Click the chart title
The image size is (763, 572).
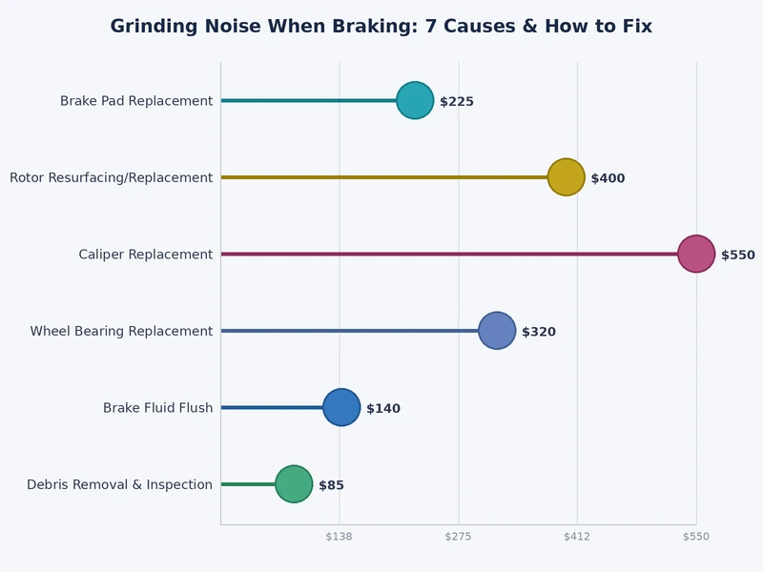tap(381, 27)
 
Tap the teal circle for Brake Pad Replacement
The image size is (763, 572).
tap(415, 100)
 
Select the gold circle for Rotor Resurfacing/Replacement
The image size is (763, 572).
tap(566, 177)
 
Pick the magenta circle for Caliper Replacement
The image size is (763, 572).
tap(696, 254)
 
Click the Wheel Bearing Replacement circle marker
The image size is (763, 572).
tap(497, 331)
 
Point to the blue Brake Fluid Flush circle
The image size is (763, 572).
tap(341, 407)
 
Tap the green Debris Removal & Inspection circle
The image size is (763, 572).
tap(294, 484)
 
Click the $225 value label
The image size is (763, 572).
tap(457, 102)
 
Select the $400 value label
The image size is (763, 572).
tap(608, 178)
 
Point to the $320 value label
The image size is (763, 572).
tap(539, 332)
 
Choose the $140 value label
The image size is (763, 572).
tap(383, 409)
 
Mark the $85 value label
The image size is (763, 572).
tap(331, 485)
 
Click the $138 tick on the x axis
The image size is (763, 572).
tap(340, 537)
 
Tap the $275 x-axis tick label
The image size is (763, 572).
tap(459, 537)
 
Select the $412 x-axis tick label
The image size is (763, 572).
tap(577, 537)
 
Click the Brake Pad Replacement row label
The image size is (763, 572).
tap(136, 101)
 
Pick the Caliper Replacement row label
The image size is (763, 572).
tap(146, 255)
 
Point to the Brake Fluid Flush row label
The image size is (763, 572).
tap(157, 408)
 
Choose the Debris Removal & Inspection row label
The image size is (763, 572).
tap(119, 484)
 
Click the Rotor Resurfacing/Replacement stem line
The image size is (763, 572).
tap(381, 177)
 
